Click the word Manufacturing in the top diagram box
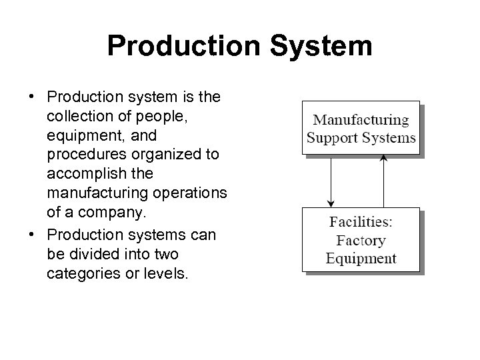(x=361, y=121)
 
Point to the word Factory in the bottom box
(x=361, y=241)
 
